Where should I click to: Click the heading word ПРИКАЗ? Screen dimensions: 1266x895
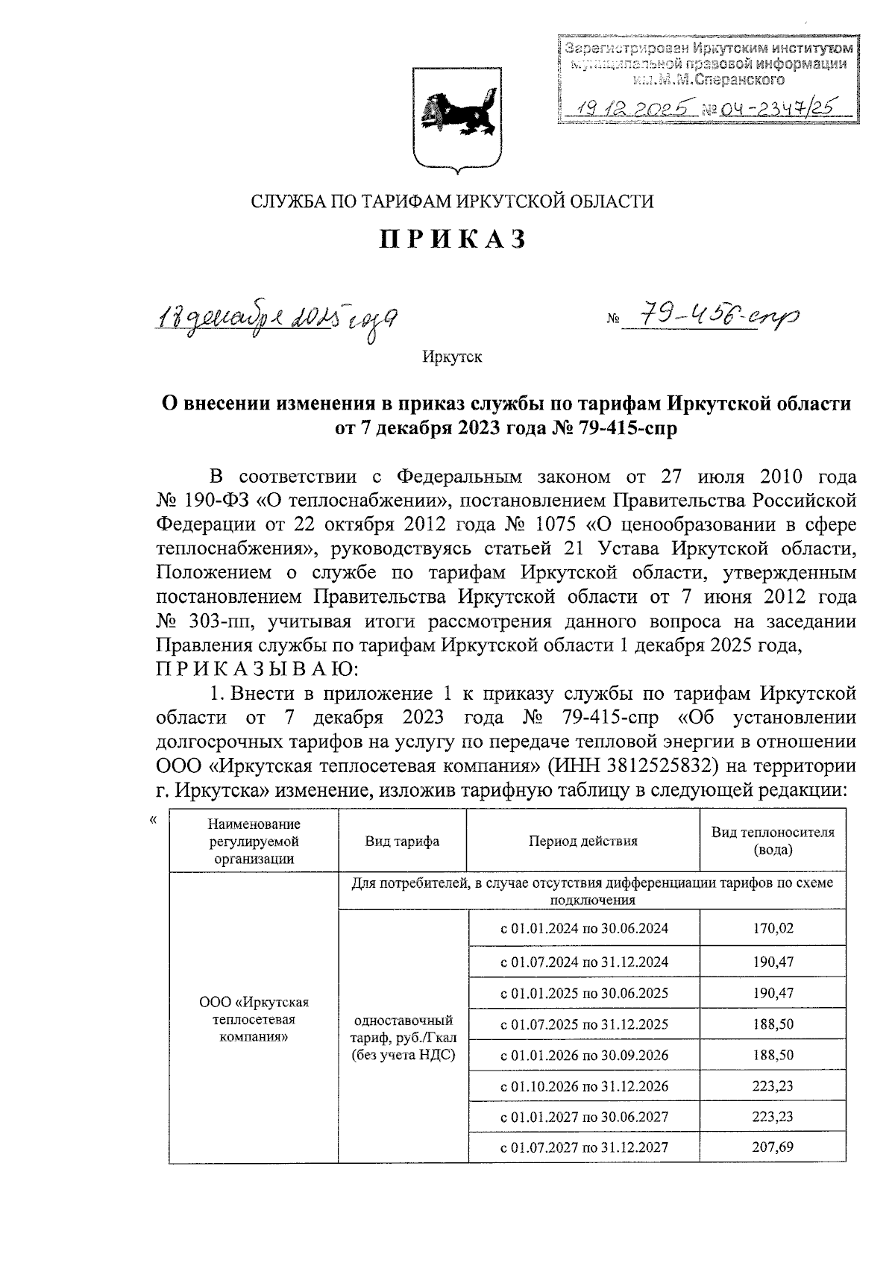pos(454,239)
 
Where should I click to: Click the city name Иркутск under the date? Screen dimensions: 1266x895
pos(452,357)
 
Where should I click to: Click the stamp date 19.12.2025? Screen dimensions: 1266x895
pos(632,110)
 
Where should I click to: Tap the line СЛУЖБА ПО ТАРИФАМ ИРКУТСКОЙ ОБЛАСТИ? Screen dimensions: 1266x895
pos(452,201)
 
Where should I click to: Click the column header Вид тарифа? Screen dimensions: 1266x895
pos(402,841)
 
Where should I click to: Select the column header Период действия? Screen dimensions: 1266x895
pos(583,841)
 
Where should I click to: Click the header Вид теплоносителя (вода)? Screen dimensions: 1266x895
pos(773,841)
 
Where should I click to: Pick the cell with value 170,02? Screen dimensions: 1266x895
pos(773,929)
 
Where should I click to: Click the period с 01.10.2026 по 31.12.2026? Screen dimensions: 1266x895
pos(584,1085)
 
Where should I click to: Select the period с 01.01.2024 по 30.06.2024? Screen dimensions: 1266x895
pos(584,929)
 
